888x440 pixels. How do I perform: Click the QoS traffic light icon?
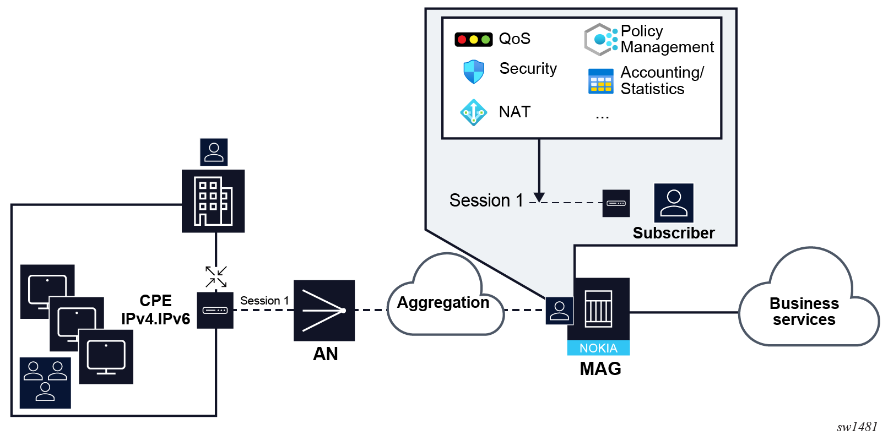pos(473,39)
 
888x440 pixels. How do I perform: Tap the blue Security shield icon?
pos(473,72)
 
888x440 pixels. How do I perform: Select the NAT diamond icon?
pos(473,112)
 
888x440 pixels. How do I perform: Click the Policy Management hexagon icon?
pos(600,40)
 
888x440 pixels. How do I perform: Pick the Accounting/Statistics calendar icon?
pos(600,81)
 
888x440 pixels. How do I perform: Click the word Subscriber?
pos(673,233)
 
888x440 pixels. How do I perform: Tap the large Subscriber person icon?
pos(673,203)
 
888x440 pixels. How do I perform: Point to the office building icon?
pos(213,201)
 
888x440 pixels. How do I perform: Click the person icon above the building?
pos(214,152)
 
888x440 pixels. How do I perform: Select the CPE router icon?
pos(215,310)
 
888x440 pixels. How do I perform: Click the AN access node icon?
pos(324,310)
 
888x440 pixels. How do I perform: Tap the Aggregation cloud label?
pos(443,302)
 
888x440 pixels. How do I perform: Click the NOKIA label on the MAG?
pos(598,348)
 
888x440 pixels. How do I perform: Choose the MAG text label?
pos(600,368)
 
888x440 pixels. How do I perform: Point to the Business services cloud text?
pos(804,311)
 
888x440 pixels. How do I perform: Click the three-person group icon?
pos(45,383)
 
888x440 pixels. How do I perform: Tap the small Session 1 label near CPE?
pos(264,301)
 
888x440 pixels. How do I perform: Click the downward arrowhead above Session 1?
pos(539,197)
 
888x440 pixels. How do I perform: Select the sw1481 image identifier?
pos(857,427)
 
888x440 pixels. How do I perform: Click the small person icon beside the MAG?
pos(559,311)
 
